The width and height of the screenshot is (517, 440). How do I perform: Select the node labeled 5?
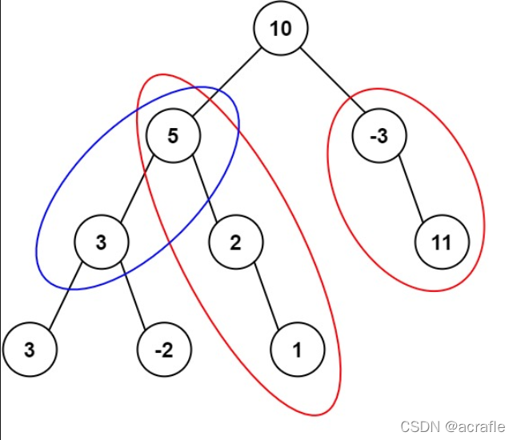tap(174, 135)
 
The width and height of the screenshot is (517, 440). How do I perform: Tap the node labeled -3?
tap(380, 135)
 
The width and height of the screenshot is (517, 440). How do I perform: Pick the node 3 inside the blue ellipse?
tap(101, 242)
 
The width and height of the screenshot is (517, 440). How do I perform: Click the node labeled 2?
tap(235, 242)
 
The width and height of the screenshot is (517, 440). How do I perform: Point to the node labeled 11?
tap(442, 242)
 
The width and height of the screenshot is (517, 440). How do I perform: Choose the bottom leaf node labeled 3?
tap(29, 350)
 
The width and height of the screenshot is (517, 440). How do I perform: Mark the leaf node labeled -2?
tap(163, 350)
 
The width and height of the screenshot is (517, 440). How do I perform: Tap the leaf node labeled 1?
tap(298, 350)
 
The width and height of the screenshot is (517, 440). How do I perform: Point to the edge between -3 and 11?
tap(411, 188)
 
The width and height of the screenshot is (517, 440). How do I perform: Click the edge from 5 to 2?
tap(204, 188)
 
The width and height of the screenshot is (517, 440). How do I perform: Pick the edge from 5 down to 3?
tap(138, 188)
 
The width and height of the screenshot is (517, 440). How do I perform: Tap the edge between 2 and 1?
tap(267, 295)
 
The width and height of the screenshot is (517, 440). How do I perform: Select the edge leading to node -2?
tap(132, 295)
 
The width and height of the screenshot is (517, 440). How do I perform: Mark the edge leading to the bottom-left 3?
tap(65, 295)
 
